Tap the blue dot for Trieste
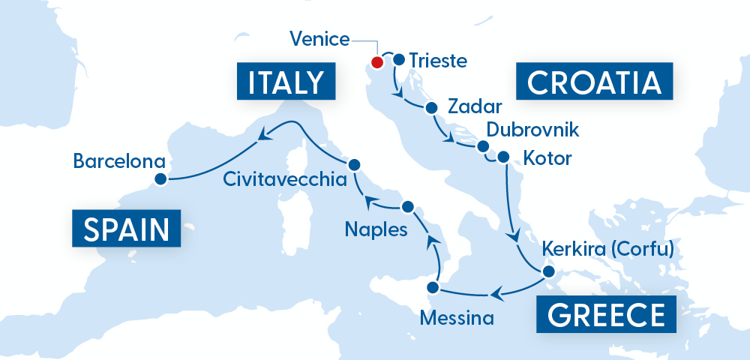(399, 60)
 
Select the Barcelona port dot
(160, 178)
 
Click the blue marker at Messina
(432, 287)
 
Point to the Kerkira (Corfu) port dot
(548, 271)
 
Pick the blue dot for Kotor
(503, 157)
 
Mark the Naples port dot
(408, 206)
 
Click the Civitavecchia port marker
(355, 164)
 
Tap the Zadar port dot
(431, 107)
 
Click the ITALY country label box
(284, 82)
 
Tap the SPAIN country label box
(126, 227)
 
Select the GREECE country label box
(606, 314)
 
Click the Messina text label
(457, 318)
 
